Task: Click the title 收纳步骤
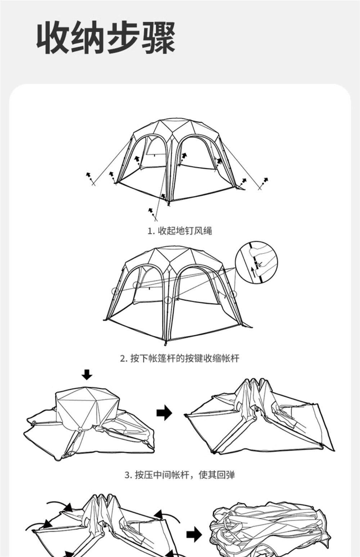pyautogui.click(x=106, y=38)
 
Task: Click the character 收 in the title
pyautogui.click(x=53, y=38)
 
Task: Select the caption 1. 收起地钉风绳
pyautogui.click(x=180, y=231)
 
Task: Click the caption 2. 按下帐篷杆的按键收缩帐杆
pyautogui.click(x=180, y=358)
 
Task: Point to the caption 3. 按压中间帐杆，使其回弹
pyautogui.click(x=180, y=475)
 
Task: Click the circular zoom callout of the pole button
pyautogui.click(x=256, y=262)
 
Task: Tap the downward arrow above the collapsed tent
pyautogui.click(x=87, y=375)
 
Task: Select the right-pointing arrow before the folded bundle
pyautogui.click(x=194, y=534)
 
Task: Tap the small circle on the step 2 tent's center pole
pyautogui.click(x=168, y=300)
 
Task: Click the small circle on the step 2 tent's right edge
pyautogui.click(x=233, y=294)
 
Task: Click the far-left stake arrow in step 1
pyautogui.click(x=88, y=175)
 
